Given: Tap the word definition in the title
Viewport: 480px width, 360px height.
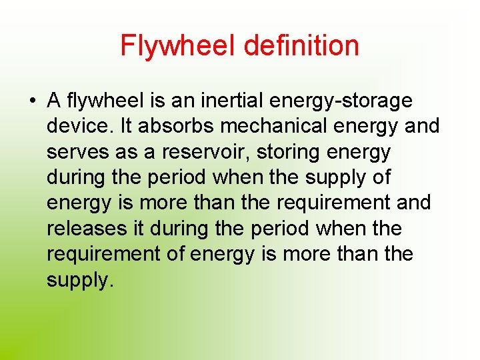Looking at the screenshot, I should (x=301, y=46).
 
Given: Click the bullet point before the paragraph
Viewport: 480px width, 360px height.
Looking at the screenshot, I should (x=32, y=101).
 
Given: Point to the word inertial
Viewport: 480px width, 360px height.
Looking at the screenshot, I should (x=234, y=101).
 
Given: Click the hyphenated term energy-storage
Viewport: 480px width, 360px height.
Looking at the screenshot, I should (x=342, y=102).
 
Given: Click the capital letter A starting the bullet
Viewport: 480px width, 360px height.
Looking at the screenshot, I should (x=55, y=101).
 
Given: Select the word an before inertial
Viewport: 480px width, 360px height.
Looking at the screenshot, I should (x=184, y=101).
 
